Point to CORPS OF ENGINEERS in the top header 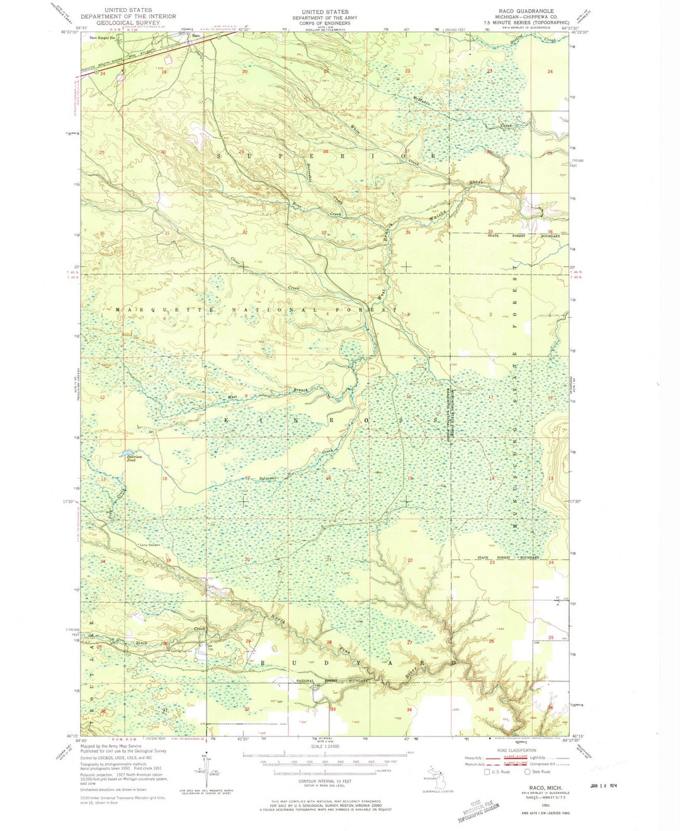click(324, 23)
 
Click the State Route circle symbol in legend click(527, 771)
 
